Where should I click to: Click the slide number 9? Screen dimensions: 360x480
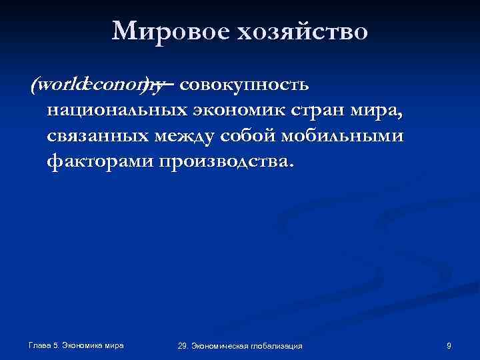(449, 345)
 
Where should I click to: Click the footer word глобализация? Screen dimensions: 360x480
(274, 345)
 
